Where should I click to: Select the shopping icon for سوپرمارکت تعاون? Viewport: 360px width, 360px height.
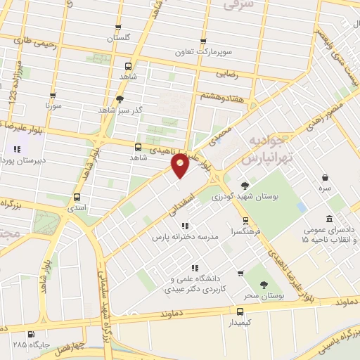pyautogui.click(x=204, y=42)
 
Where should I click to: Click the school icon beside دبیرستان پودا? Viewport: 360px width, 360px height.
pyautogui.click(x=18, y=149)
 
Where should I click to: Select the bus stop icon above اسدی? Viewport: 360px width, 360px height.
pyautogui.click(x=77, y=197)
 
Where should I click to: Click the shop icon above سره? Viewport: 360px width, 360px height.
pyautogui.click(x=324, y=179)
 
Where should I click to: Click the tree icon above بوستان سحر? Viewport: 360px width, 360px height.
pyautogui.click(x=264, y=285)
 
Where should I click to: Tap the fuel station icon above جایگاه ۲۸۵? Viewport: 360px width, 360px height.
pyautogui.click(x=30, y=335)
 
